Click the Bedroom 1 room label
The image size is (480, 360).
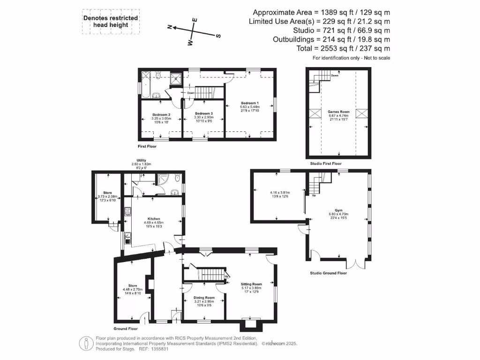click(250, 103)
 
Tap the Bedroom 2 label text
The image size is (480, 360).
click(161, 114)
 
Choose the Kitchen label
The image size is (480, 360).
click(154, 219)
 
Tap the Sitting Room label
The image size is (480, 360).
click(251, 284)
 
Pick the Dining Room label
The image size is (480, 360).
click(204, 297)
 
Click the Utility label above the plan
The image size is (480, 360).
click(141, 160)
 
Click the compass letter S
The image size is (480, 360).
click(218, 36)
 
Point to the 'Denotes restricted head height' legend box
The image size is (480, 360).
click(111, 22)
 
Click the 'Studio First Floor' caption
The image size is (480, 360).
click(326, 164)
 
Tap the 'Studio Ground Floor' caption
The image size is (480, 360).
click(328, 273)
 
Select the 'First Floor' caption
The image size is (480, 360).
click(147, 147)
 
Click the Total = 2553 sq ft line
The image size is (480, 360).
click(344, 48)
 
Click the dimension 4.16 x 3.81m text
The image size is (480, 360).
click(280, 193)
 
